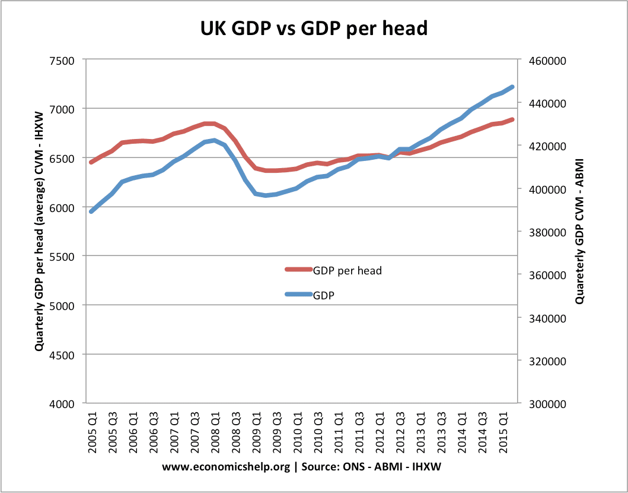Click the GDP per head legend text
(x=347, y=270)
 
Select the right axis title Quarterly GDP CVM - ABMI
(x=579, y=232)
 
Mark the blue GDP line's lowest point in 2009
(x=266, y=195)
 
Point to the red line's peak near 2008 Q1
(x=209, y=124)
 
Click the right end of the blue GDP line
(x=513, y=87)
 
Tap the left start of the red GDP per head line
(x=90, y=162)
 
